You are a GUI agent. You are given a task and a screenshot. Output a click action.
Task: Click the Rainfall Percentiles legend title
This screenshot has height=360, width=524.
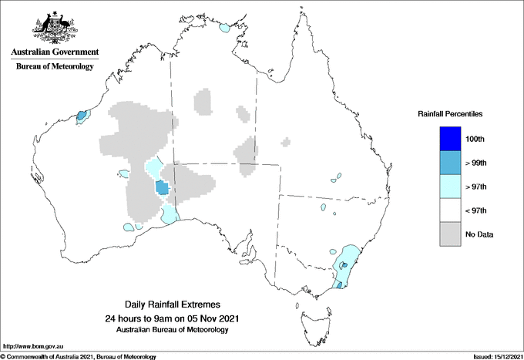pos(450,114)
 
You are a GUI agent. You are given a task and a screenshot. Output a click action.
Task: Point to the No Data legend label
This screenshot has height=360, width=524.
pos(480,234)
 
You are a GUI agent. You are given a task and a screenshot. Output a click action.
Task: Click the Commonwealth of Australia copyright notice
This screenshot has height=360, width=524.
pos(79,356)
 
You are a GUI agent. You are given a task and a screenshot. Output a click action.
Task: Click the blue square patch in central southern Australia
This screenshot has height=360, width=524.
pos(162,187)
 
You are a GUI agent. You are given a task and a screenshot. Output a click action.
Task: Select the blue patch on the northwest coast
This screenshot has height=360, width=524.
pos(82,116)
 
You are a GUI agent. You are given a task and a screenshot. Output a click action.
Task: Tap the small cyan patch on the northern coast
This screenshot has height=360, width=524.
pos(225,28)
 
